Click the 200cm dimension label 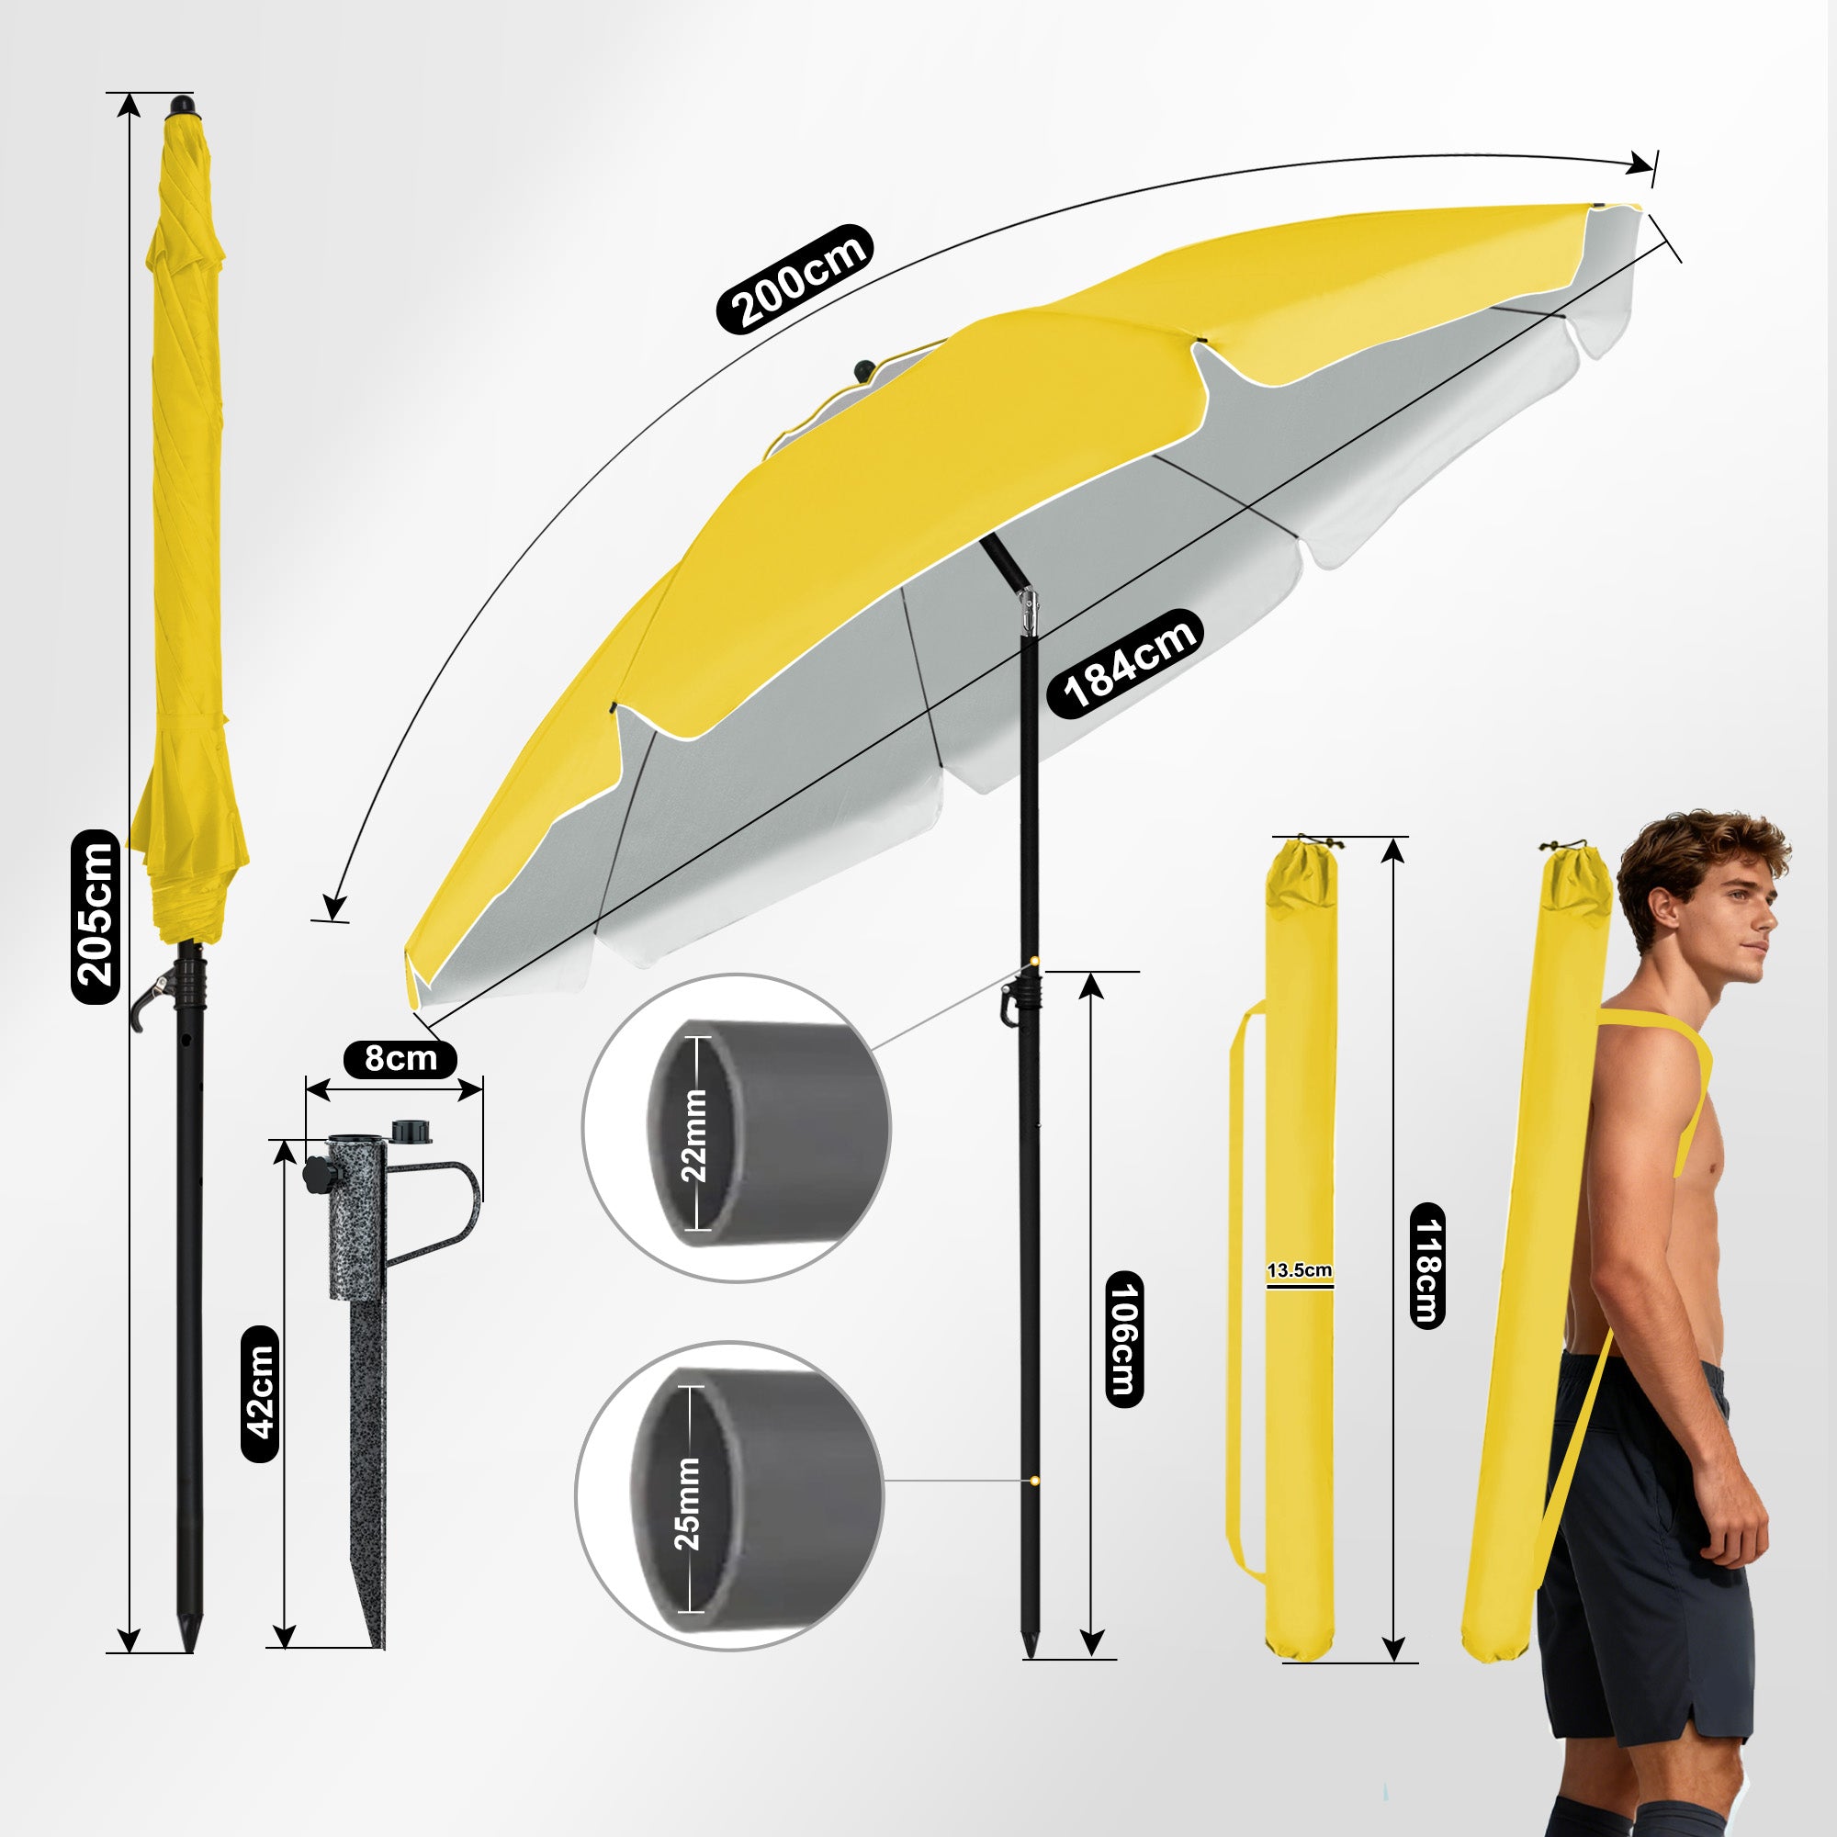click(794, 279)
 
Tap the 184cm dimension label click(1125, 663)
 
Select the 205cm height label click(96, 917)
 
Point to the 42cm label click(260, 1394)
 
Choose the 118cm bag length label click(1426, 1266)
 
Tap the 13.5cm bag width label click(1299, 1270)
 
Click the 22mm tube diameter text click(694, 1135)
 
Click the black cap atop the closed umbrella click(181, 105)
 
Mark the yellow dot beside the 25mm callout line click(1033, 1481)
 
